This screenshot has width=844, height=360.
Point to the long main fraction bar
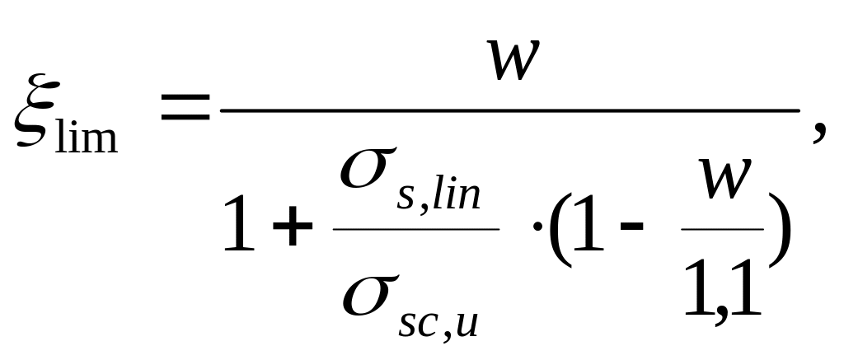coord(511,110)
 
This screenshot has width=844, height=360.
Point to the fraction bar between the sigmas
coord(415,229)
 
